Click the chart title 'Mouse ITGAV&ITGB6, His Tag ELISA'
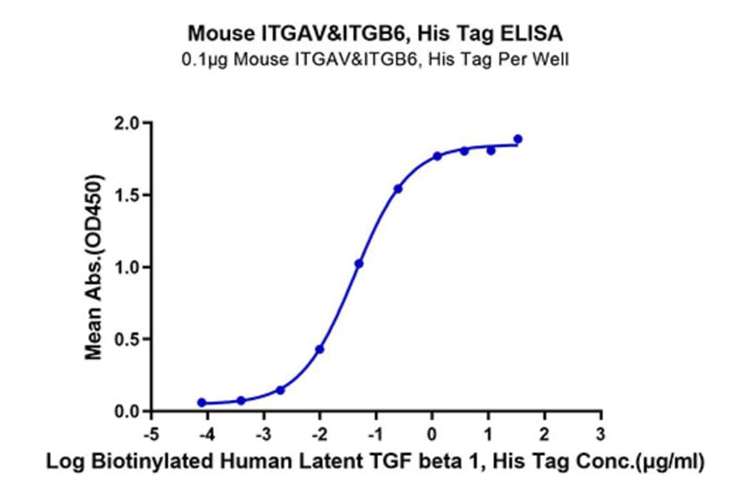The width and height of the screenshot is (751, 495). click(x=375, y=34)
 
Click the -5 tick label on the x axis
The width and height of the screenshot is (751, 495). click(x=150, y=435)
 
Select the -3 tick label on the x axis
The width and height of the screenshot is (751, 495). click(x=263, y=435)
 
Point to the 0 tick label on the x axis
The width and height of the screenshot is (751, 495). click(x=432, y=435)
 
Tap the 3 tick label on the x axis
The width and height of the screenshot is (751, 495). click(x=601, y=435)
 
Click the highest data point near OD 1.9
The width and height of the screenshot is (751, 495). click(x=518, y=139)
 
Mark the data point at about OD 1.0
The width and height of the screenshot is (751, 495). click(x=359, y=263)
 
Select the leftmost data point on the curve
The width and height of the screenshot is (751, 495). click(x=202, y=402)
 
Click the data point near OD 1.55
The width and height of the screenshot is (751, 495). click(x=398, y=189)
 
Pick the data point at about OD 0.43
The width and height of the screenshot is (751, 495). click(x=320, y=349)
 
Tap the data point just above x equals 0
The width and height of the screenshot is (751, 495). click(x=437, y=156)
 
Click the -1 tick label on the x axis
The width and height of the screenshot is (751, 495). click(x=375, y=435)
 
